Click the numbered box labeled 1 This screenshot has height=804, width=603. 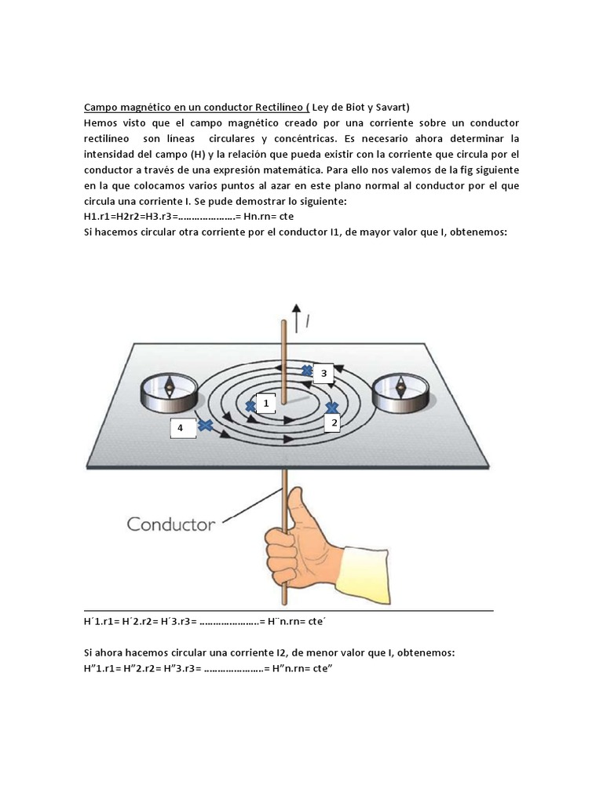point(266,404)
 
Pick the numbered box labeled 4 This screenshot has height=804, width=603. point(180,428)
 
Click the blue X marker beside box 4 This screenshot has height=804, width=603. point(206,426)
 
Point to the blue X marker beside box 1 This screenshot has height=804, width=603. point(250,406)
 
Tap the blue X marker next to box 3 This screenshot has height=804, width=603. point(307,371)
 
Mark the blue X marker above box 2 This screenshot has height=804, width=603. point(332,407)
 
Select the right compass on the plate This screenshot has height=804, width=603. point(400,392)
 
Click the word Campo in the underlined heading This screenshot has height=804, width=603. point(100,108)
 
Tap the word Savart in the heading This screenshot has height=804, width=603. point(391,108)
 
